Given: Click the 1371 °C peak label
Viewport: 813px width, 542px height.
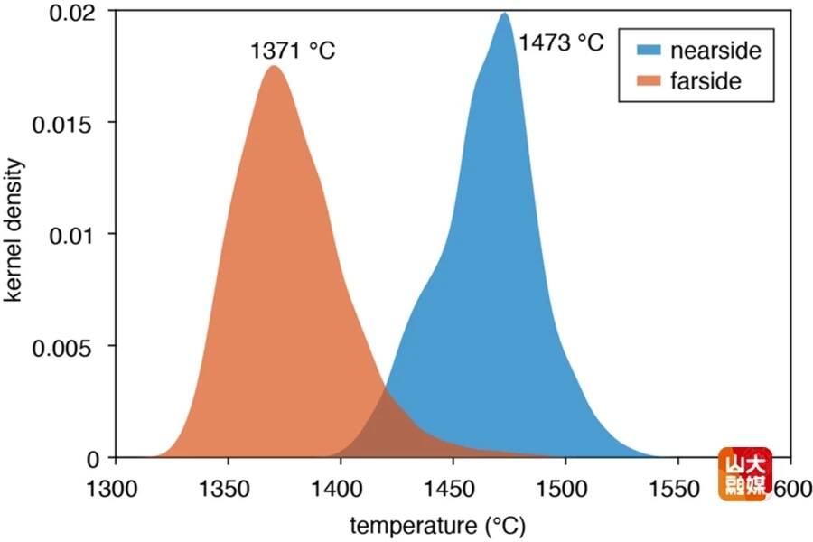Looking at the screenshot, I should coord(293,51).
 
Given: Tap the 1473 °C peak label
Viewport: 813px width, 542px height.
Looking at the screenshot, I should coord(561,42).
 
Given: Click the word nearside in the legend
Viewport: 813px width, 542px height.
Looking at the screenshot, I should coord(715,51).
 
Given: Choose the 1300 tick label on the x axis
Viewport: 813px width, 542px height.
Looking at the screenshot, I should coord(115,489).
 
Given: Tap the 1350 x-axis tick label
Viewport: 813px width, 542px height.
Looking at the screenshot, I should coord(228,489).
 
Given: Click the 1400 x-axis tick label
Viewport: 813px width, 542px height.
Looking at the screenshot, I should coord(340,489).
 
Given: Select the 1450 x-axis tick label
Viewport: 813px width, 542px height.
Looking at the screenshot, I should coord(453,489).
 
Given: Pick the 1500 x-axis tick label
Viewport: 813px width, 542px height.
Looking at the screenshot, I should coord(565,489).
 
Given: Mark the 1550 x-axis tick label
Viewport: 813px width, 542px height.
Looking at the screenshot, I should coord(677,489).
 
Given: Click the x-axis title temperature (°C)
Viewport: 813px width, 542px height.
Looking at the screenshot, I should coord(437,525).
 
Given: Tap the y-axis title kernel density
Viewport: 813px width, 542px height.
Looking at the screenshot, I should coord(16,232).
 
